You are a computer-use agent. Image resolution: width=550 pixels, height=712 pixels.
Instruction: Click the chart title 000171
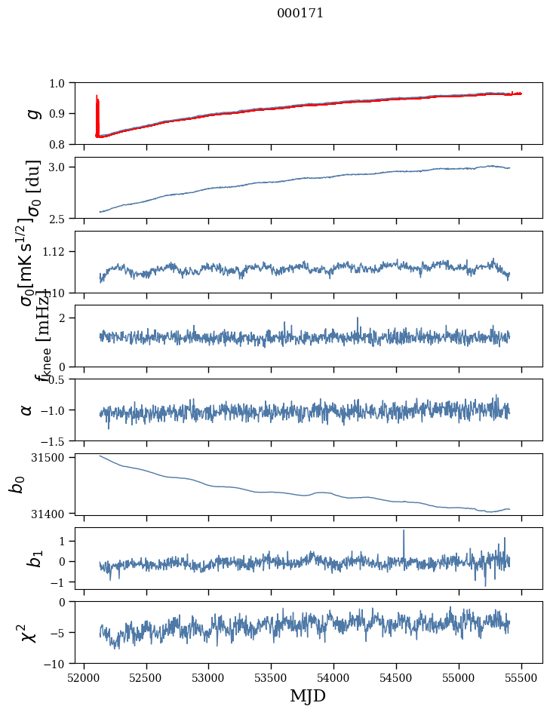click(300, 13)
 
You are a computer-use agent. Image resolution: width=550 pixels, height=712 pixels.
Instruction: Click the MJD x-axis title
click(308, 696)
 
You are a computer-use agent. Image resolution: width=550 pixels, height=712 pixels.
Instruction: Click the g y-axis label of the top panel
click(32, 113)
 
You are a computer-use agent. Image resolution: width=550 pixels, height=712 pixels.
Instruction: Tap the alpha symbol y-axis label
click(26, 410)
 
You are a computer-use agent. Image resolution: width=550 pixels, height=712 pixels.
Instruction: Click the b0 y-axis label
click(17, 483)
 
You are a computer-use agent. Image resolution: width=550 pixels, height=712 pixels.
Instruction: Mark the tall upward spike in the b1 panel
click(404, 531)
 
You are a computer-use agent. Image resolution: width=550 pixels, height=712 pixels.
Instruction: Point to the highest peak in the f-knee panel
click(358, 318)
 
